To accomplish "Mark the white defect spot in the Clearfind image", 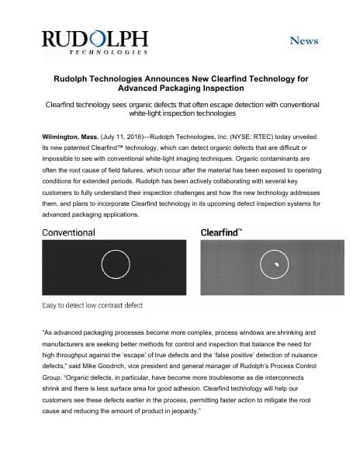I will (x=275, y=265).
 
